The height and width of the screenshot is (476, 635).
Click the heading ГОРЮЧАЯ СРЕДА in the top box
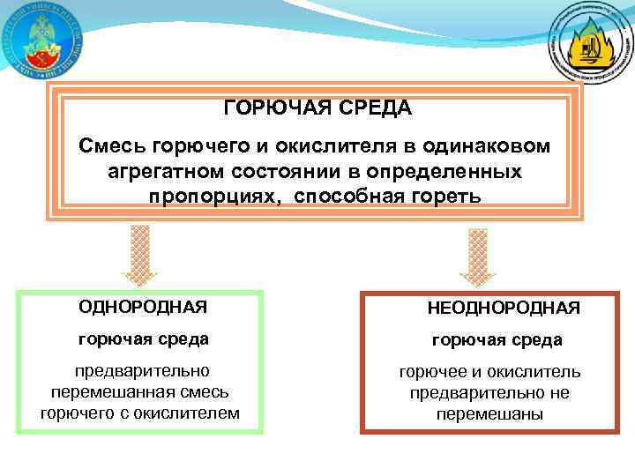coord(317,108)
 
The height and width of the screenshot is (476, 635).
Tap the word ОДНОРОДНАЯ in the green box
coord(143,307)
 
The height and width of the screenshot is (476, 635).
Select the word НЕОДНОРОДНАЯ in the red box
coord(504,308)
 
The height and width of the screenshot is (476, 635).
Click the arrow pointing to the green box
coord(139,255)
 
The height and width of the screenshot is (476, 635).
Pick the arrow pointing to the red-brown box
coord(478,257)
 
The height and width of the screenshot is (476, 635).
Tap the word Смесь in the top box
coord(113,143)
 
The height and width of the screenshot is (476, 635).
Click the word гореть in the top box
coord(451,195)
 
